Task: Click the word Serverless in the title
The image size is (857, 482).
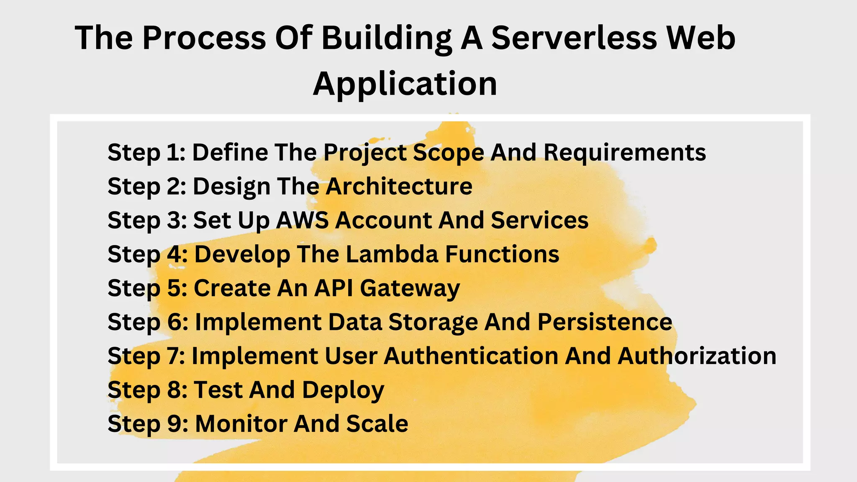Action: [574, 38]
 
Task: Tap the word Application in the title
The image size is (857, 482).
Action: [405, 84]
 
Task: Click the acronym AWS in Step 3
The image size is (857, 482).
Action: [302, 220]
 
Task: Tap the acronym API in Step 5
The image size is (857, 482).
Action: [334, 288]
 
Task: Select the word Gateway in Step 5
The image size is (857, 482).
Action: [410, 289]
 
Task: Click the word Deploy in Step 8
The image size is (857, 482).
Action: [343, 390]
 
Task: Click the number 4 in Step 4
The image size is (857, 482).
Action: [176, 254]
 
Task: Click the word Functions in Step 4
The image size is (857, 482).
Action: [502, 254]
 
